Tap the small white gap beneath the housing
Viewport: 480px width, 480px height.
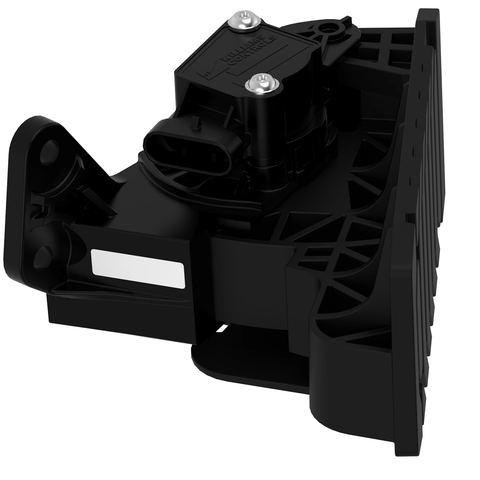[221, 329]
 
